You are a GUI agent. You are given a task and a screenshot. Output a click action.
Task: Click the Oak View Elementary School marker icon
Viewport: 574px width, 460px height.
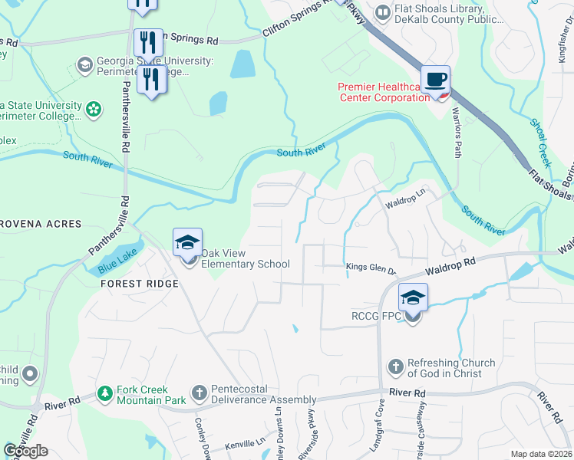tap(188, 244)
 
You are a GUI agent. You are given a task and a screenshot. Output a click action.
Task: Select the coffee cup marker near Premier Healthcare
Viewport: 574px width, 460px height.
tap(435, 79)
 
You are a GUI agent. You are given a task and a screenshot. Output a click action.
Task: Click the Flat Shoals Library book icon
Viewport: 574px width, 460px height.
tap(381, 12)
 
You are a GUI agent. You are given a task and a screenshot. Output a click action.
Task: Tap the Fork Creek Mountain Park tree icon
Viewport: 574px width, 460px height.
tap(106, 394)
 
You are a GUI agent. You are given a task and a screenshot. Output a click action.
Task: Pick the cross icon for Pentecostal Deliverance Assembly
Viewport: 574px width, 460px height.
tap(199, 394)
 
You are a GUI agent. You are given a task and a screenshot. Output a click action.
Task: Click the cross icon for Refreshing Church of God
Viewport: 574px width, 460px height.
tap(395, 368)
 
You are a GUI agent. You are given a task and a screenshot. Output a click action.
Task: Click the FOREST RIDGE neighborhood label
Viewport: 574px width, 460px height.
tap(139, 284)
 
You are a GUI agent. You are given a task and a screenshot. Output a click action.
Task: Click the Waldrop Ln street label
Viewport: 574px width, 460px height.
tap(404, 199)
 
